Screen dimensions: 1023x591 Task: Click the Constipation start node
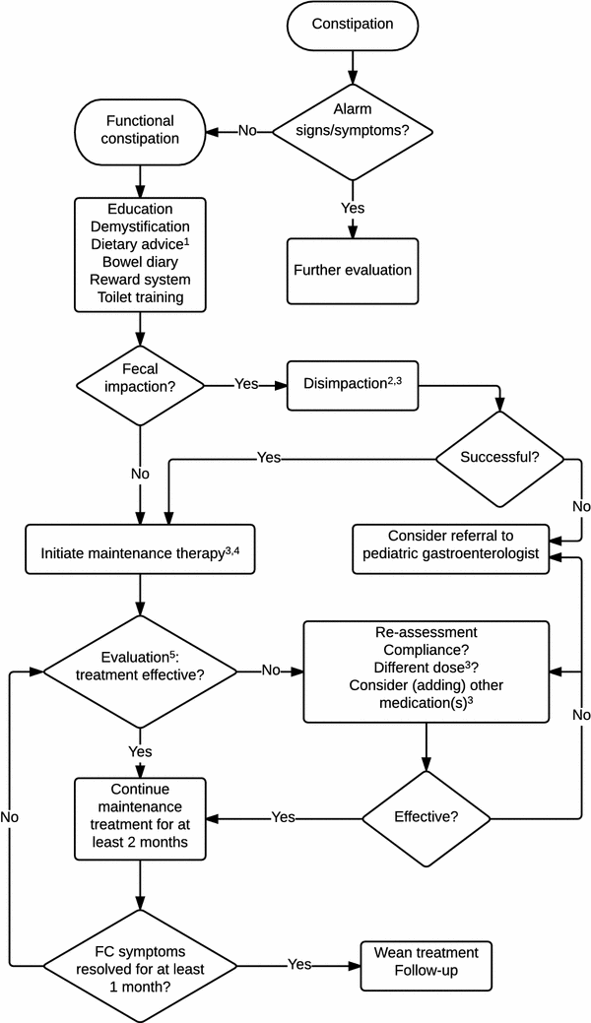pos(352,24)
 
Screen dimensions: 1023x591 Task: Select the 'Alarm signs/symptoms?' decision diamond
pos(352,131)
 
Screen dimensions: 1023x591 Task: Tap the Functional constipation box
pos(139,131)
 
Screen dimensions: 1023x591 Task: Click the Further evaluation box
pos(352,270)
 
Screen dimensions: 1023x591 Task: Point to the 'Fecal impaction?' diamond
pos(139,384)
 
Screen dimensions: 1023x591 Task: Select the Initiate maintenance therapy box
pos(139,553)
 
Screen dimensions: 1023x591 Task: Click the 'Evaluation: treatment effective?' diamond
pos(139,671)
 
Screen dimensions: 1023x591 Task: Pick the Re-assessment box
pos(426,671)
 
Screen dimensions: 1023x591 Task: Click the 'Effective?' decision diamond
pos(426,817)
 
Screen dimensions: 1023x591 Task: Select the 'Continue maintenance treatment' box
pos(139,817)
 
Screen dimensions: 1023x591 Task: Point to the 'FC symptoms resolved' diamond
pos(139,962)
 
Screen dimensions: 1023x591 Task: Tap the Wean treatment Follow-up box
pos(426,962)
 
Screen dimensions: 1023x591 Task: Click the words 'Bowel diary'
pos(139,262)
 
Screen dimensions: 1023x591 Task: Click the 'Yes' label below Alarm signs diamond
pos(352,209)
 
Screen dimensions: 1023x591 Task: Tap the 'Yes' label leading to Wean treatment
pos(299,962)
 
